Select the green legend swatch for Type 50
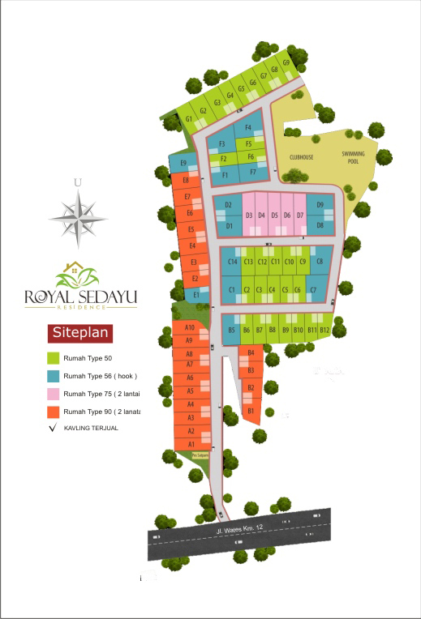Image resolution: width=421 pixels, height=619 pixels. point(54,356)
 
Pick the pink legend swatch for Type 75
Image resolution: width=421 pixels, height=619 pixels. point(54,394)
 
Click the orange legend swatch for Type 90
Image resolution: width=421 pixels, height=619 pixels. point(54,412)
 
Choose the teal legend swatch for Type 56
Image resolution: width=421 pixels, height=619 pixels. point(54,375)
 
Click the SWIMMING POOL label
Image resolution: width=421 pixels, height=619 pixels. point(353,157)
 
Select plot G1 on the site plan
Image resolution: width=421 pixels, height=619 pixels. point(189,119)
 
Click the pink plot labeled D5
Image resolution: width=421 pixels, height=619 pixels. point(275,215)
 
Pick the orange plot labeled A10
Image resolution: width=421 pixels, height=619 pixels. point(189,327)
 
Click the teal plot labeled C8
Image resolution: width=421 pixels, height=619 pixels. point(320,262)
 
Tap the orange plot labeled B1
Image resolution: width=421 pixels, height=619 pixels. point(251,412)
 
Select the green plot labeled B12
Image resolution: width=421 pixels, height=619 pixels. point(324,330)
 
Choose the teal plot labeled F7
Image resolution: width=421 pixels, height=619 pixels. point(253,172)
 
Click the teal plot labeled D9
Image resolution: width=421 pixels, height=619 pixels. point(320,205)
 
